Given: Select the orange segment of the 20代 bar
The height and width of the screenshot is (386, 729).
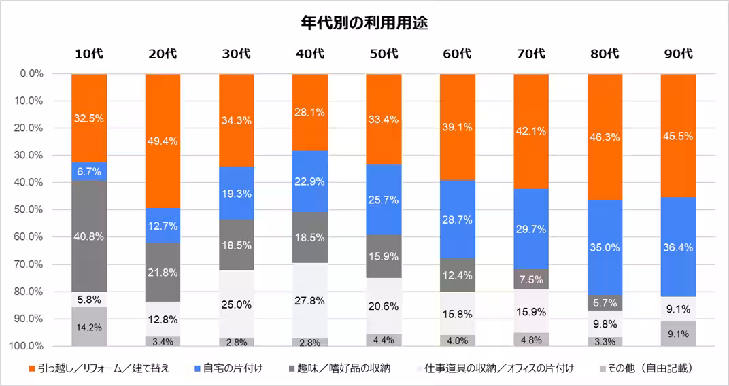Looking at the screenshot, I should point(163,141).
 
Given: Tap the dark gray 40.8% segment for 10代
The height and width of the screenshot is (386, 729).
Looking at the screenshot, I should point(89,236).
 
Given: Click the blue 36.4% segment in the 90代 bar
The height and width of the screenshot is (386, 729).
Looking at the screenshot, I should point(678,247).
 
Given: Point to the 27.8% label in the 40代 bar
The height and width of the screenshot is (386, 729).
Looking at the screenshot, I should point(310,300).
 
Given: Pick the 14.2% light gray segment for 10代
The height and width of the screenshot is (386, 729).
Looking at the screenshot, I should point(89,327).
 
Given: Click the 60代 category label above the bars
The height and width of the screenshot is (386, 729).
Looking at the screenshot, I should point(457,54).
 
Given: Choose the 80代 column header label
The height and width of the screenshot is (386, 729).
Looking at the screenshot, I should point(605,54).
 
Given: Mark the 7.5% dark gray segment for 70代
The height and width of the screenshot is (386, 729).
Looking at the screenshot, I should point(530,280).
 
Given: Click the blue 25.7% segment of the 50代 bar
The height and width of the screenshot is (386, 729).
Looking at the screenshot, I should point(384,200).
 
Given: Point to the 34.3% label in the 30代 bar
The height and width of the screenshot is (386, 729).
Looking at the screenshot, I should point(237,120).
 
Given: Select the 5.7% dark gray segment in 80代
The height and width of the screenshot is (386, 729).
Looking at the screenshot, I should point(605,303).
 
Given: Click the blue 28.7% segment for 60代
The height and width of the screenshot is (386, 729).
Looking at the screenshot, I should point(457,220).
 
